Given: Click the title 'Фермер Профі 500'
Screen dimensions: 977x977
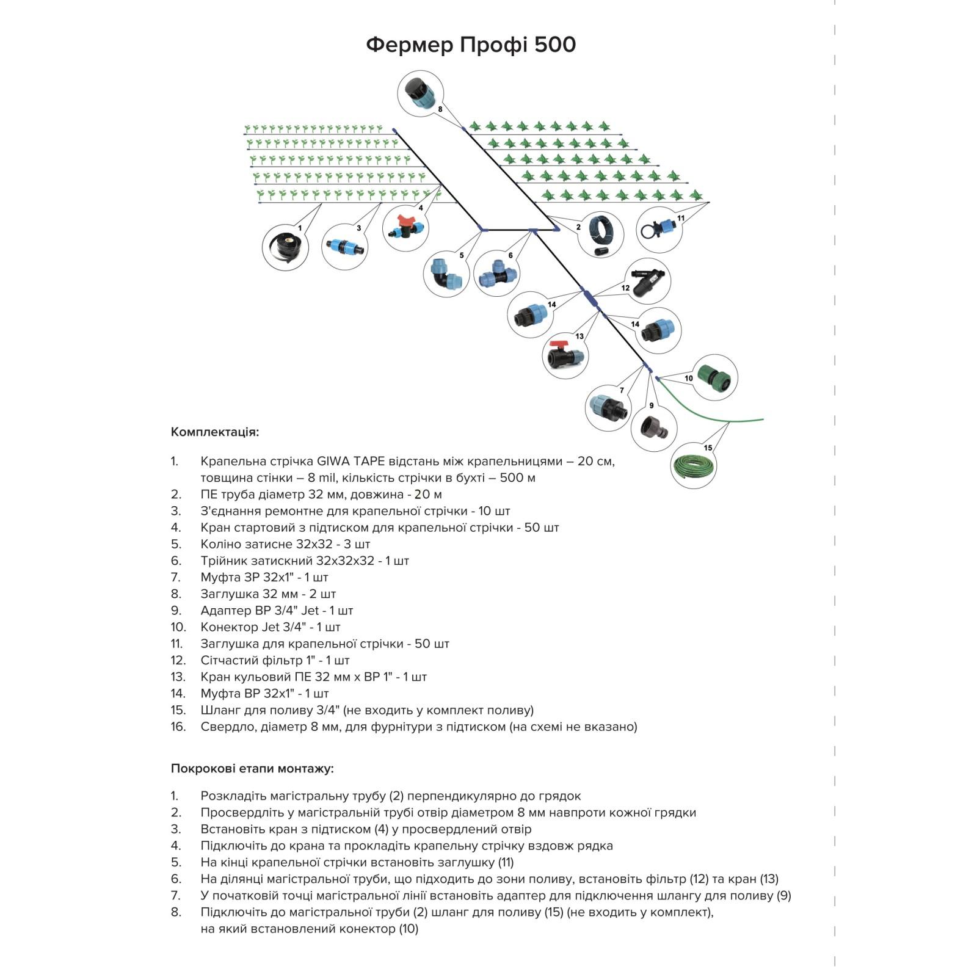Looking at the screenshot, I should (x=471, y=45).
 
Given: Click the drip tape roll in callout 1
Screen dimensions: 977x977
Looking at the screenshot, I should (x=284, y=247).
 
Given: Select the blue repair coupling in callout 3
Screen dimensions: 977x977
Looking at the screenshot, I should (x=344, y=247).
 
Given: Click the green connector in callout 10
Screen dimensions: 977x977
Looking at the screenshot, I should (x=714, y=377).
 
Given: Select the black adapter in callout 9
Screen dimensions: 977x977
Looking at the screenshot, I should (x=654, y=426).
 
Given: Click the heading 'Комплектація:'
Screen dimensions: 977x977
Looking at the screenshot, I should (x=215, y=432).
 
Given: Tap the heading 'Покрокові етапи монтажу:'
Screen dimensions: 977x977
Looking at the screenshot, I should (x=252, y=769).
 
